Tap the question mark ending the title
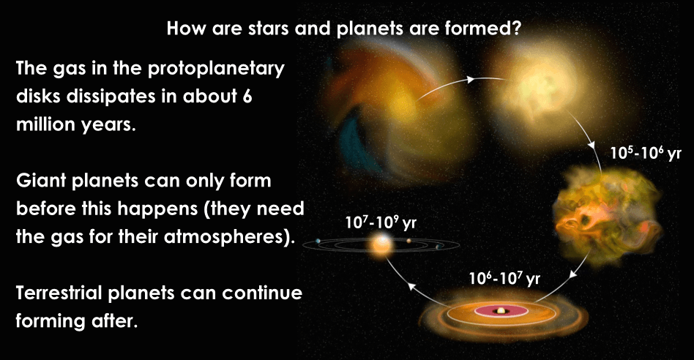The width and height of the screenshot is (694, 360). [x=515, y=29]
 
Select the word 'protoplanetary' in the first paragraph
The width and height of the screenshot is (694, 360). [x=216, y=70]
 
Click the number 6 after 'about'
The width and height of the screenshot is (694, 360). [x=247, y=97]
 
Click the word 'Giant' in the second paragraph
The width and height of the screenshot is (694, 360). [x=40, y=181]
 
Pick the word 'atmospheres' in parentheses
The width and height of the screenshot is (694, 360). [x=225, y=237]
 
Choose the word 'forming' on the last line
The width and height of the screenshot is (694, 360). [x=50, y=321]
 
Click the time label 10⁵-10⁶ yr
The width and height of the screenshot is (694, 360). [x=646, y=153]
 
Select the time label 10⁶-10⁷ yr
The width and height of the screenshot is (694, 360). [x=504, y=278]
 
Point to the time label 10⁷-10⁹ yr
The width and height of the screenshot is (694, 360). [x=381, y=222]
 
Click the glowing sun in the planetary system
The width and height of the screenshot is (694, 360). [x=382, y=245]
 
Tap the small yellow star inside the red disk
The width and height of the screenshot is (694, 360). [x=501, y=311]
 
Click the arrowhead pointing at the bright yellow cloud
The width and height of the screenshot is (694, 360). [x=471, y=80]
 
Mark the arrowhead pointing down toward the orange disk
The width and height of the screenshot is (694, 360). [x=573, y=274]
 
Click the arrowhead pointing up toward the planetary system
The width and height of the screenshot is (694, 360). [x=411, y=286]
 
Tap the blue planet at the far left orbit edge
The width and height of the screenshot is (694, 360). [x=318, y=241]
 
